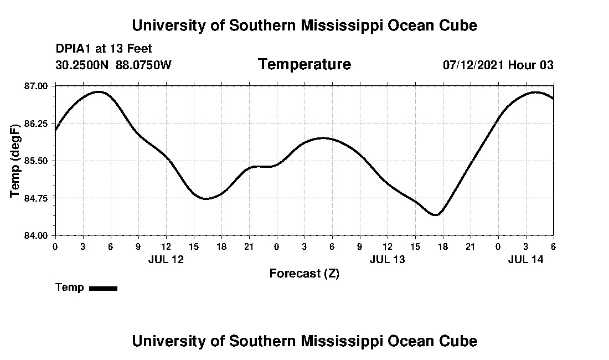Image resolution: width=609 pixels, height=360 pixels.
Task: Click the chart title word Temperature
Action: (x=304, y=65)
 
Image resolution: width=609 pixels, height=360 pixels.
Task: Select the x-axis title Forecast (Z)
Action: (x=304, y=274)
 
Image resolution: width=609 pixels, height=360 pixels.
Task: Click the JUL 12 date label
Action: (x=166, y=259)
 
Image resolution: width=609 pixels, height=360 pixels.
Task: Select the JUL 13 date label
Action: (x=388, y=259)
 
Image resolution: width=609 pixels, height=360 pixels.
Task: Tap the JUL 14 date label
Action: (x=526, y=259)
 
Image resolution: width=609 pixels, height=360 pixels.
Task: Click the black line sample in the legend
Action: (x=103, y=288)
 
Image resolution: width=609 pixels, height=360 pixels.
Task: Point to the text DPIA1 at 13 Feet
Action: (x=104, y=49)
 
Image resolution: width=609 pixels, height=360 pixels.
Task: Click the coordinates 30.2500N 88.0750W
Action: (x=113, y=65)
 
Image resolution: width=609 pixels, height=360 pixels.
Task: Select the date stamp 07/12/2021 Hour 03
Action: (x=498, y=65)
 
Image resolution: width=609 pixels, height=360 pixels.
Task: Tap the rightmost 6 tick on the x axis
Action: (x=553, y=246)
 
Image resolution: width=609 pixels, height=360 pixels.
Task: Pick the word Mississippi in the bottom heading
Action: (x=343, y=341)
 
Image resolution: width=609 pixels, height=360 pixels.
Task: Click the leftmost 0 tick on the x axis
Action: (x=55, y=246)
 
